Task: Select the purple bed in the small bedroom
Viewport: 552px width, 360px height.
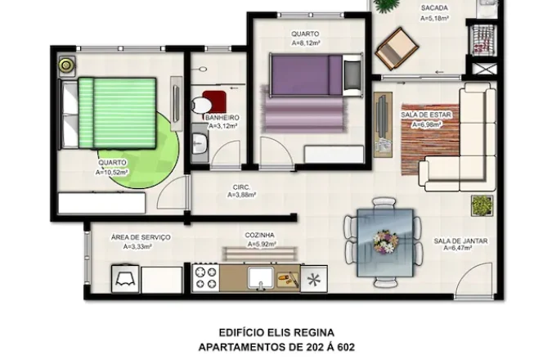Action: pos(316,74)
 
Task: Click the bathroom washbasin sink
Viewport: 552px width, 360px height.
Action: pos(200,142)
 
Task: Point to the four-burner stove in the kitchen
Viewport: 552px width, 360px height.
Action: pos(206,278)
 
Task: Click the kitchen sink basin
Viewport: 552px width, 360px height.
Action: pos(261,277)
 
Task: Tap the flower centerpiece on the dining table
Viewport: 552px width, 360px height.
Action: pos(385,241)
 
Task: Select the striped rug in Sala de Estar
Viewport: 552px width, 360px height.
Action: pos(430,139)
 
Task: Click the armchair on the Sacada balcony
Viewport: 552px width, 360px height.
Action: pos(397,49)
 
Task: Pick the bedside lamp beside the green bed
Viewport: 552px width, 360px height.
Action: pos(66,65)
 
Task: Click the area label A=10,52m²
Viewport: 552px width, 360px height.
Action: pos(111,173)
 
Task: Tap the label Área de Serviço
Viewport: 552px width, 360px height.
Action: pos(141,237)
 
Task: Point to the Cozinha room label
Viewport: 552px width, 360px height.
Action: pos(259,235)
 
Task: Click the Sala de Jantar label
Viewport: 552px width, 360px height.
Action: pos(460,241)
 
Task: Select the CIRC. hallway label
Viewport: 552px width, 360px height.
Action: pos(241,187)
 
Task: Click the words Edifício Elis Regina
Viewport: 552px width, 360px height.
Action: pos(276,332)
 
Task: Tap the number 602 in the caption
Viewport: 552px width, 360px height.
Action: pos(346,347)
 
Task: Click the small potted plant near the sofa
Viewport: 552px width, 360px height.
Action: pos(482,205)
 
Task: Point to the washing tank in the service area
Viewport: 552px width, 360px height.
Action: pos(125,279)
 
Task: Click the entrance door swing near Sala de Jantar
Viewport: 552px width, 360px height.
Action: pos(473,281)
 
